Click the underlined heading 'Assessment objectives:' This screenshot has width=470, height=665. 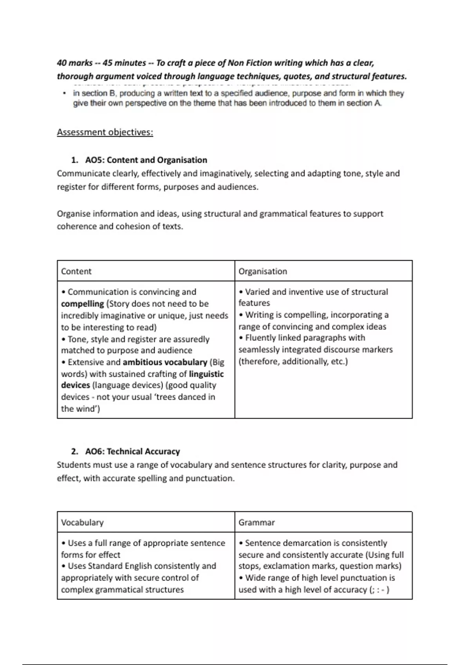pos(105,132)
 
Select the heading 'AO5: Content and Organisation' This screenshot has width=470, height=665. pos(146,160)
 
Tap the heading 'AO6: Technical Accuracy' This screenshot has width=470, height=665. pos(132,451)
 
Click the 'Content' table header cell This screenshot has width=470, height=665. pos(76,271)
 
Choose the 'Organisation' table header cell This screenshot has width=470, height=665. pos(263,271)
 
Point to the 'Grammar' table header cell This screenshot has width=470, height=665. pos(257,522)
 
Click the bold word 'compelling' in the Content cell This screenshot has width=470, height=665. pos(82,304)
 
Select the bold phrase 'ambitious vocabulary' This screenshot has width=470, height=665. pos(165,362)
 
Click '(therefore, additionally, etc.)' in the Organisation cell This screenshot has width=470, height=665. pos(293,361)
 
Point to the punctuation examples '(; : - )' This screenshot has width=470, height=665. pos(379,590)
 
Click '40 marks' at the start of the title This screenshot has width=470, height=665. pos(74,63)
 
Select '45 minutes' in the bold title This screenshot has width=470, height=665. pos(124,63)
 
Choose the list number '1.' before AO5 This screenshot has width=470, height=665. pos(74,160)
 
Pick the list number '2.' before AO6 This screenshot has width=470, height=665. pos(74,451)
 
